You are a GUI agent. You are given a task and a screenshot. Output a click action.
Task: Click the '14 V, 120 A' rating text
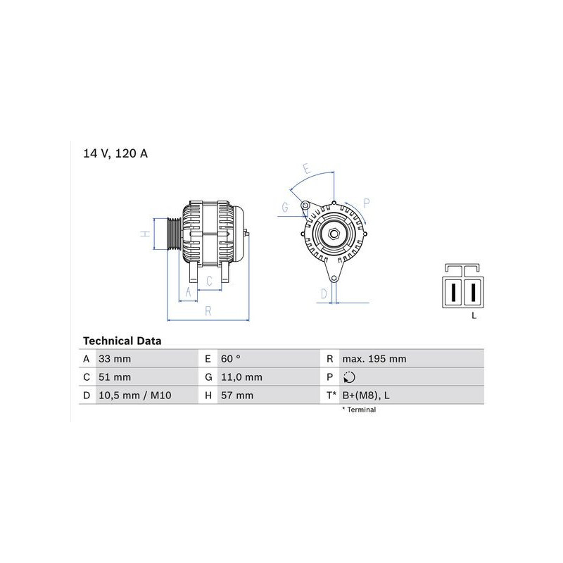[115, 153]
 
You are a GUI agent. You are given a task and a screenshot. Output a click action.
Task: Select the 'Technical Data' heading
[122, 341]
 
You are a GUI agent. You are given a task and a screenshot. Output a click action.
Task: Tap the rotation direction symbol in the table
[349, 377]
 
